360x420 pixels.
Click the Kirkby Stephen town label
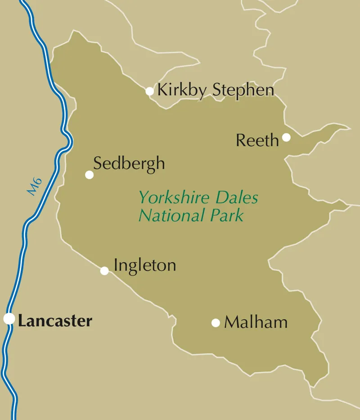215,90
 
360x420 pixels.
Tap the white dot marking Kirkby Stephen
149,91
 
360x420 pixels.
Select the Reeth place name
257,141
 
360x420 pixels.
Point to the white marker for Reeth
286,137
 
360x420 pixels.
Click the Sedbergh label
129,164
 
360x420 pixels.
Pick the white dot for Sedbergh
90,174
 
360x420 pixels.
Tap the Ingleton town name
144,265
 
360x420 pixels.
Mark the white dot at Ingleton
104,271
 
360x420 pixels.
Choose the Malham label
256,322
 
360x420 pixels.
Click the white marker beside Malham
216,322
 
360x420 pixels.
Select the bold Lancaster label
55,321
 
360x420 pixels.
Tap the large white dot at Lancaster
9,318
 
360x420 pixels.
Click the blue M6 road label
35,187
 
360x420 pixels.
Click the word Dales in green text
237,197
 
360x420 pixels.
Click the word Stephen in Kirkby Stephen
243,90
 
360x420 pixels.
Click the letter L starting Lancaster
22,321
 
